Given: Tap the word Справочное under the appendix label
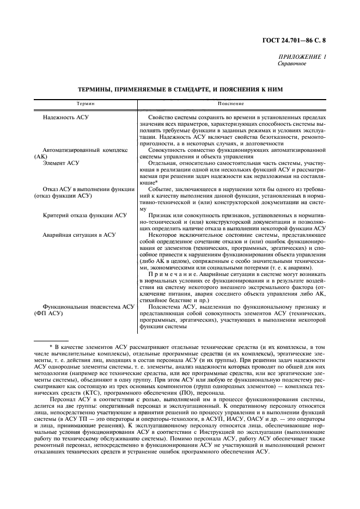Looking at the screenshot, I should [292, 64].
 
